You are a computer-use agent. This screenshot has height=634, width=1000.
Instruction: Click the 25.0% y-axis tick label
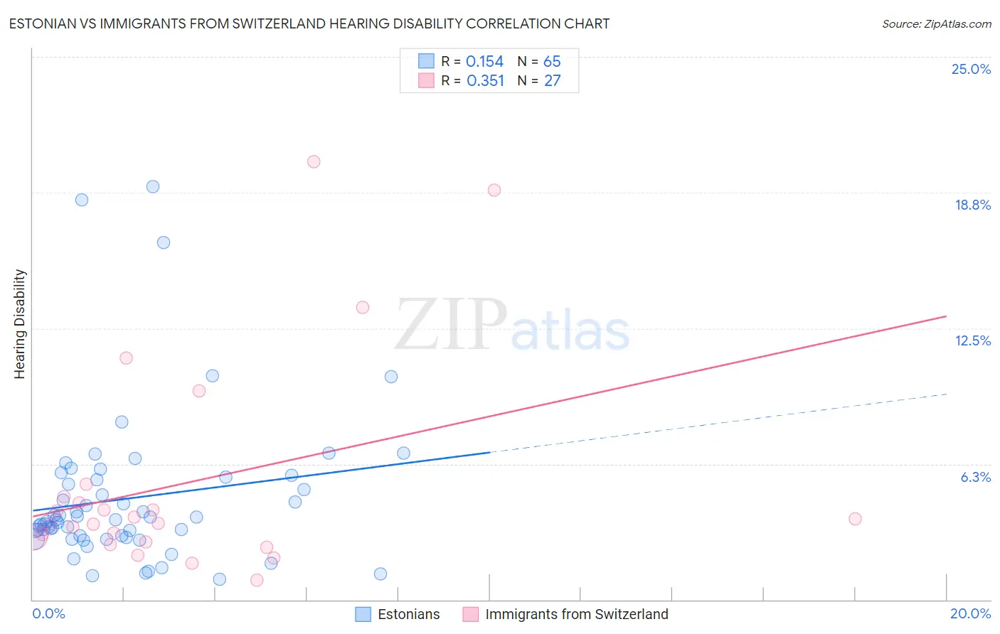click(x=971, y=69)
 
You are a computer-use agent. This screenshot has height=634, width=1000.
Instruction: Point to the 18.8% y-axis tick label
click(x=972, y=205)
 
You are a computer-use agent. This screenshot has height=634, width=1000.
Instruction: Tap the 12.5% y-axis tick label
click(x=972, y=340)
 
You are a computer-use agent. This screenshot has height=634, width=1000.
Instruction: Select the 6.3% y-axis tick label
click(x=975, y=477)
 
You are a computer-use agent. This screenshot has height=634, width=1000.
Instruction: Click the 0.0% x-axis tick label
click(x=48, y=613)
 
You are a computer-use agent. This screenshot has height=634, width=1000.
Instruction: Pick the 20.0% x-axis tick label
click(x=970, y=613)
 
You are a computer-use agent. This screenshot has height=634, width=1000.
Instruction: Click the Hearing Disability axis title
click(x=20, y=324)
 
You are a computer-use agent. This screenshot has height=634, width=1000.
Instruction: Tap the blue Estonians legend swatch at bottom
click(x=363, y=614)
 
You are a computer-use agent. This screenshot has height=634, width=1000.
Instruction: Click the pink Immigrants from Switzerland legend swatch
click(x=470, y=614)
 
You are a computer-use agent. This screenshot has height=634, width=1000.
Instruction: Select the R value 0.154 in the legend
click(x=484, y=62)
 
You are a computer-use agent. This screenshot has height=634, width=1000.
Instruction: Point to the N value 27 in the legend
click(x=553, y=81)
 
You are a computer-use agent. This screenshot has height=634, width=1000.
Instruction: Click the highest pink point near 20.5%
click(x=314, y=161)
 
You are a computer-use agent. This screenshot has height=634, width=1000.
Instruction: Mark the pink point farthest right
click(x=855, y=519)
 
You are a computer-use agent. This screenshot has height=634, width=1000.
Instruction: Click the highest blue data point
click(x=153, y=187)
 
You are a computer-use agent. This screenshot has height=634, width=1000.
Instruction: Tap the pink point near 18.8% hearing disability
click(x=494, y=190)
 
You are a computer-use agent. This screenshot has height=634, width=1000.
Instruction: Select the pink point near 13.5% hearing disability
click(x=363, y=307)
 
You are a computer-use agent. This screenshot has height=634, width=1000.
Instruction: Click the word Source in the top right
click(x=900, y=24)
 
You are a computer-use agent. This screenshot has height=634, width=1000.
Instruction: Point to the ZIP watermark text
click(x=451, y=325)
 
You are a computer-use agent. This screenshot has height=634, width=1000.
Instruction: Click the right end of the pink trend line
click(x=946, y=316)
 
